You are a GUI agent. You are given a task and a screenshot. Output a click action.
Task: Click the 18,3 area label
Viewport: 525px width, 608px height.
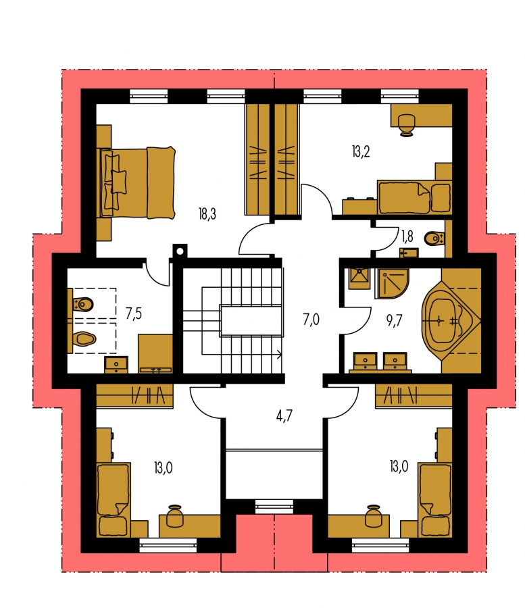tap(207, 214)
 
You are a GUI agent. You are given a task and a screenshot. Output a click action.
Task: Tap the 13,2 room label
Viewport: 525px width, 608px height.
tap(361, 151)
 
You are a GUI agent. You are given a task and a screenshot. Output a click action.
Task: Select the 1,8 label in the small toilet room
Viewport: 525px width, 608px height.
tap(407, 236)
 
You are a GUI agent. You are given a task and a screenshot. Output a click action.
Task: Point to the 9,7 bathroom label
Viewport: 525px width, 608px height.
tap(395, 321)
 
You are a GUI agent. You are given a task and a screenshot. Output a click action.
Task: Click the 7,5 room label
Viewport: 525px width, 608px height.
tap(134, 313)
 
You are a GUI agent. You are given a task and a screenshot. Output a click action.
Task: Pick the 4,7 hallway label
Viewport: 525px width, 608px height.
tap(284, 416)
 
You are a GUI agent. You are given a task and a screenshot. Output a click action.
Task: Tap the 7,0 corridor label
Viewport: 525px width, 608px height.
tap(311, 320)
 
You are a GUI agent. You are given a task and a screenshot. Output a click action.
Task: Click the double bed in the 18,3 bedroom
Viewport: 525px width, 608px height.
tap(137, 182)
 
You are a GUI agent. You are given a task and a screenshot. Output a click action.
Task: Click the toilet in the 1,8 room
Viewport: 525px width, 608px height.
tap(434, 238)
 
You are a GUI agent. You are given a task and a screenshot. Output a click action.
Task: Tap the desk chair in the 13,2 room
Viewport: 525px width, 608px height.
tap(407, 124)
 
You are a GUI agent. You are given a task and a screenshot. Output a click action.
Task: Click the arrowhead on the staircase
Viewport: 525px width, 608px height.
tap(279, 353)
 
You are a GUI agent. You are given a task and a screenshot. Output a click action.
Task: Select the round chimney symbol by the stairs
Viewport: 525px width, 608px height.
tap(180, 251)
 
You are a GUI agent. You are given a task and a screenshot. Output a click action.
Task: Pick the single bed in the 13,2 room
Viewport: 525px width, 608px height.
tap(414, 197)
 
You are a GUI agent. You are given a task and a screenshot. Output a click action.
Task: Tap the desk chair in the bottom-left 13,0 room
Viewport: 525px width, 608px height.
tap(175, 515)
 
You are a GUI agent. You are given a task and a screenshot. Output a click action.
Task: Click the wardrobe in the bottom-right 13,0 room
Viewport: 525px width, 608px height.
tap(414, 395)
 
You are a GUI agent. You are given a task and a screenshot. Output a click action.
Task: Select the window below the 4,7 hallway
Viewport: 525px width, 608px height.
tap(274, 506)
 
